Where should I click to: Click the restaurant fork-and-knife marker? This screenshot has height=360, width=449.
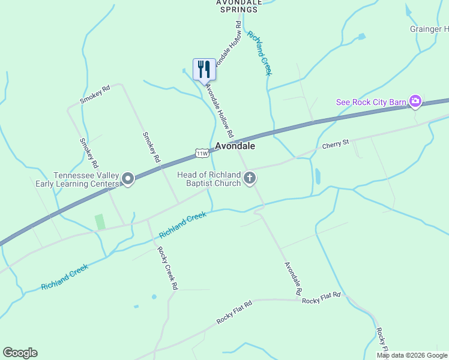tap(204, 69)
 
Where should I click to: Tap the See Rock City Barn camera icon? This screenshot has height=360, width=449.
tap(415, 101)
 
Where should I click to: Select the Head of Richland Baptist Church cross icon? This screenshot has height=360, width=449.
tap(250, 178)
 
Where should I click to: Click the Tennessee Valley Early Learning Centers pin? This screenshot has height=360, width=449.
tap(127, 179)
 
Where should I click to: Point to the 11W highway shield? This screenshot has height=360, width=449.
tap(202, 154)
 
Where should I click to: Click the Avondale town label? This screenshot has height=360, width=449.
tap(235, 146)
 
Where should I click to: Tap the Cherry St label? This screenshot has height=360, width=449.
tap(335, 145)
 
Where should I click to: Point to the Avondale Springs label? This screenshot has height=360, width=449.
tap(240, 5)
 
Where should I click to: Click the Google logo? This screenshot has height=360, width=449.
tap(20, 353)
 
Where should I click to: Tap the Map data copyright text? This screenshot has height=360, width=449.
tap(412, 355)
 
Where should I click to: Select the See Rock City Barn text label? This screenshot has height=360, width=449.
tap(371, 102)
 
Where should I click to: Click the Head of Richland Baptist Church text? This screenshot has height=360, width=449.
tap(209, 179)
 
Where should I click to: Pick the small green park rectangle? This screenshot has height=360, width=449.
tap(100, 221)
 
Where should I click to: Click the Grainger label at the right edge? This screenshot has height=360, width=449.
tap(429, 29)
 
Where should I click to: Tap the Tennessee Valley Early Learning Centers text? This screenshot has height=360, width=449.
tap(86, 179)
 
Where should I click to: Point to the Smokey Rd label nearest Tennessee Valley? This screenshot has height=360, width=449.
tap(89, 152)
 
